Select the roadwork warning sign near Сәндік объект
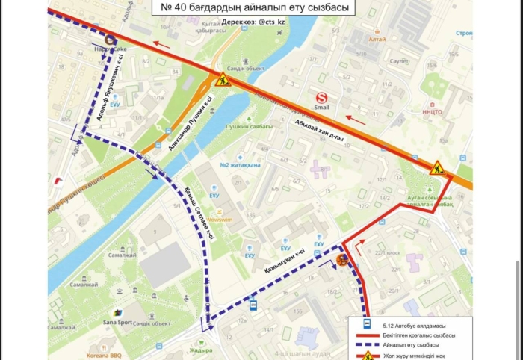click(x=222, y=80)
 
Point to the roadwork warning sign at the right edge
click(x=437, y=167)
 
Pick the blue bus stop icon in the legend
click(x=365, y=323)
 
